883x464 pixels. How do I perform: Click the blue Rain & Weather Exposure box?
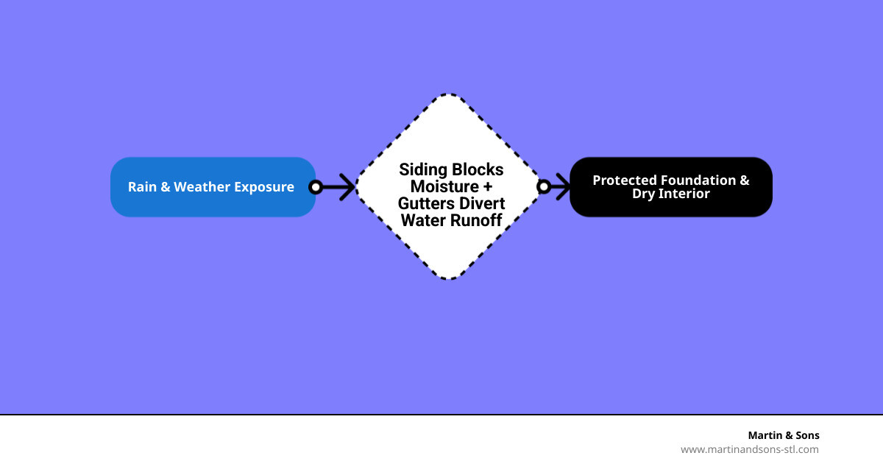tap(213, 186)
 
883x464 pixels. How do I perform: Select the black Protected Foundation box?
tap(670, 186)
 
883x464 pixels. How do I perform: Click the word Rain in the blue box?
tap(142, 187)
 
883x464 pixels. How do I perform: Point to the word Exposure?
tap(264, 187)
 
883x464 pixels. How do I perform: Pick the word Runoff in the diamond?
tap(475, 219)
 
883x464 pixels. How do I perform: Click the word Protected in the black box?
tap(624, 180)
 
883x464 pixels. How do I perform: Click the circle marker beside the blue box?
tap(316, 187)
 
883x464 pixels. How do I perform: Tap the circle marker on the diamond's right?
tap(544, 187)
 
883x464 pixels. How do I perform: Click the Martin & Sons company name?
tap(783, 435)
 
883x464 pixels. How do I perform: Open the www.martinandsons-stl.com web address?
tap(749, 449)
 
